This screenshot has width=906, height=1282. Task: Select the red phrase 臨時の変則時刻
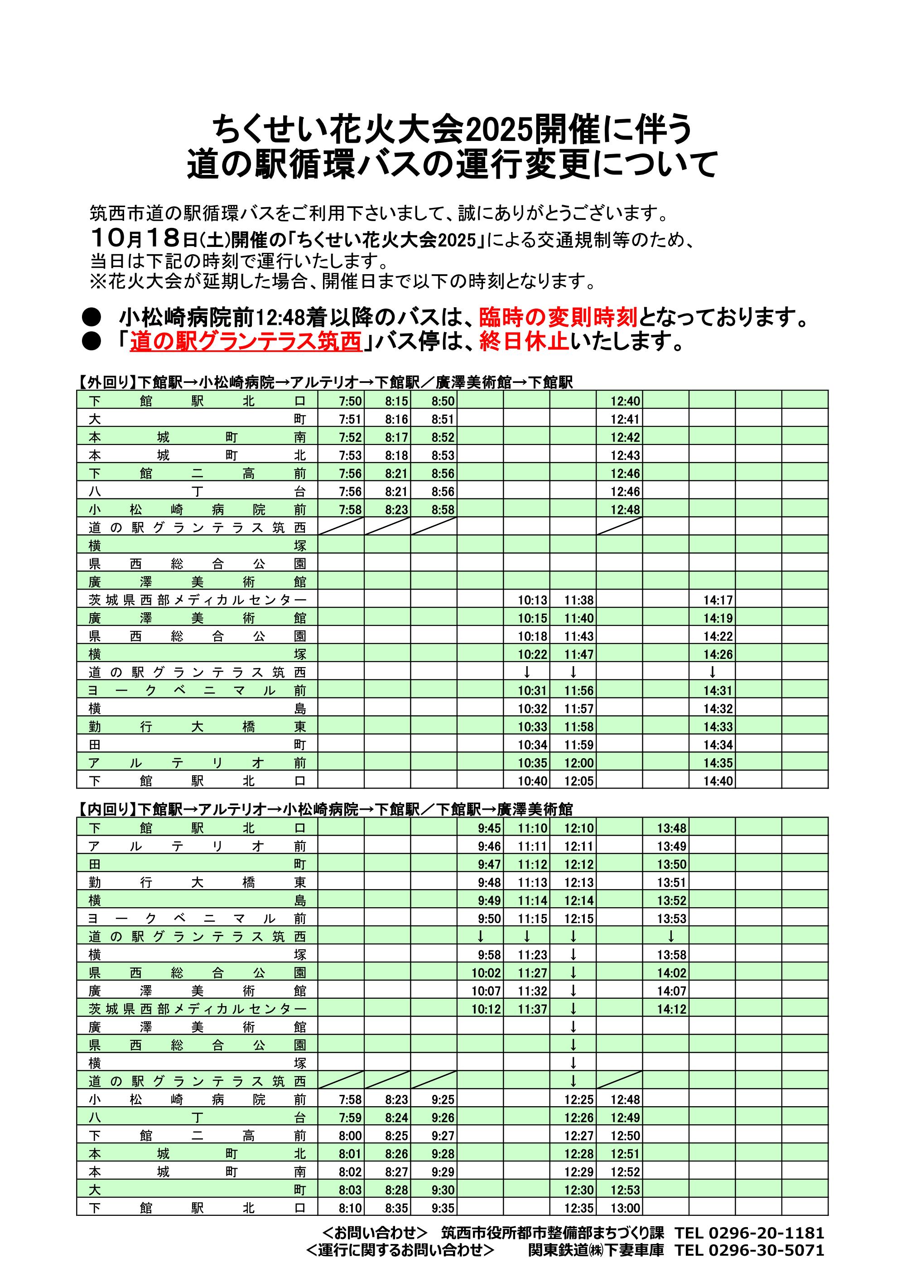click(558, 317)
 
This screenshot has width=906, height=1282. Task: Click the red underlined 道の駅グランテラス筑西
click(246, 342)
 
